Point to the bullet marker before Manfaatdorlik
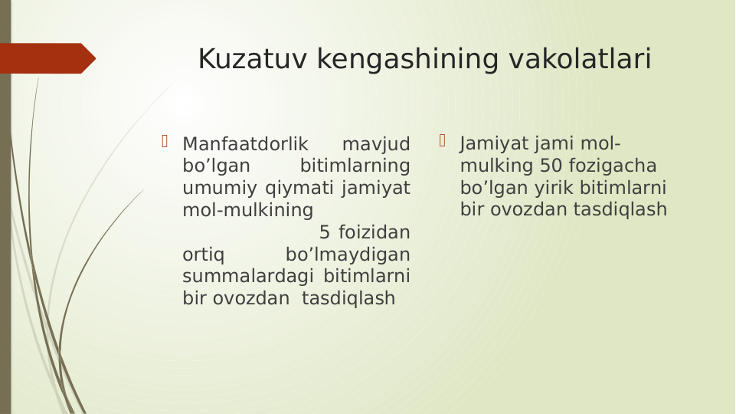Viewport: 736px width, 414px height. click(165, 140)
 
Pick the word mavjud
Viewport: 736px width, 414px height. click(375, 144)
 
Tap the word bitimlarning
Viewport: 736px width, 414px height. click(355, 166)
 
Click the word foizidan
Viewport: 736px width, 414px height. click(374, 232)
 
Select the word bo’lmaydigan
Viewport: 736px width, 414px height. click(347, 254)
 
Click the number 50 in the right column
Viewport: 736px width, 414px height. click(551, 166)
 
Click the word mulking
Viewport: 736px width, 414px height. click(496, 166)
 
